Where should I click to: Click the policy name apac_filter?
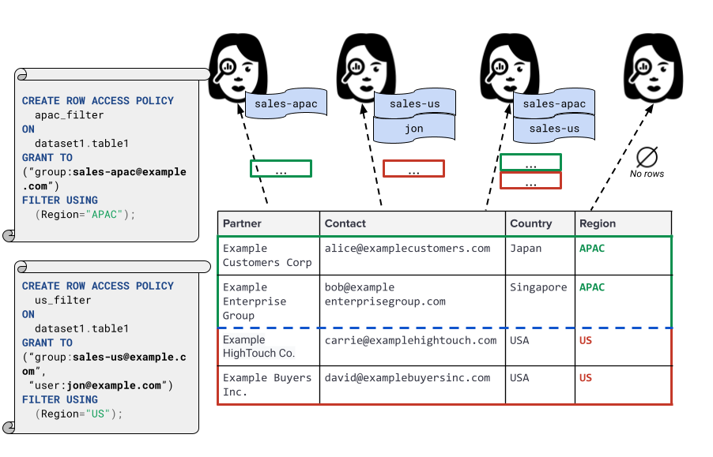click(69, 115)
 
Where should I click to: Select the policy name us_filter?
click(62, 301)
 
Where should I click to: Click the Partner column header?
click(242, 223)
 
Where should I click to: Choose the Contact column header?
click(345, 223)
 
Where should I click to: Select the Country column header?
click(530, 223)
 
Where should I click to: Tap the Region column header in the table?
click(598, 223)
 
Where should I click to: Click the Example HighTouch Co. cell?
click(258, 346)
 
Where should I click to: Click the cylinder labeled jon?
click(414, 129)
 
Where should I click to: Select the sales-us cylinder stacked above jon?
click(414, 104)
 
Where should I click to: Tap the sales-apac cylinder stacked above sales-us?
click(554, 104)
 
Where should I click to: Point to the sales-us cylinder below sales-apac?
click(554, 129)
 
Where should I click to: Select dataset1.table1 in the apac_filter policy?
click(81, 144)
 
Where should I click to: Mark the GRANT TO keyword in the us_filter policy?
click(47, 343)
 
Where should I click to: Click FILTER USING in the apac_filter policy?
click(60, 200)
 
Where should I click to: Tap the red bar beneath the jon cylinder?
click(438, 168)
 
